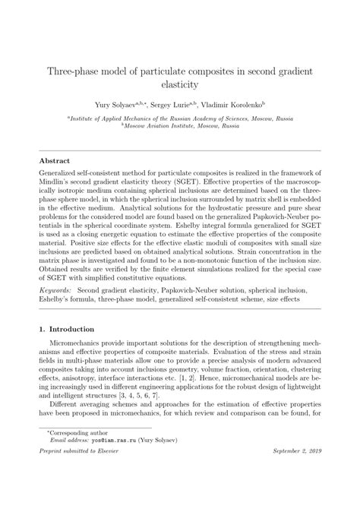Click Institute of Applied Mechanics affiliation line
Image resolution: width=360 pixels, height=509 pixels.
click(x=180, y=119)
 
